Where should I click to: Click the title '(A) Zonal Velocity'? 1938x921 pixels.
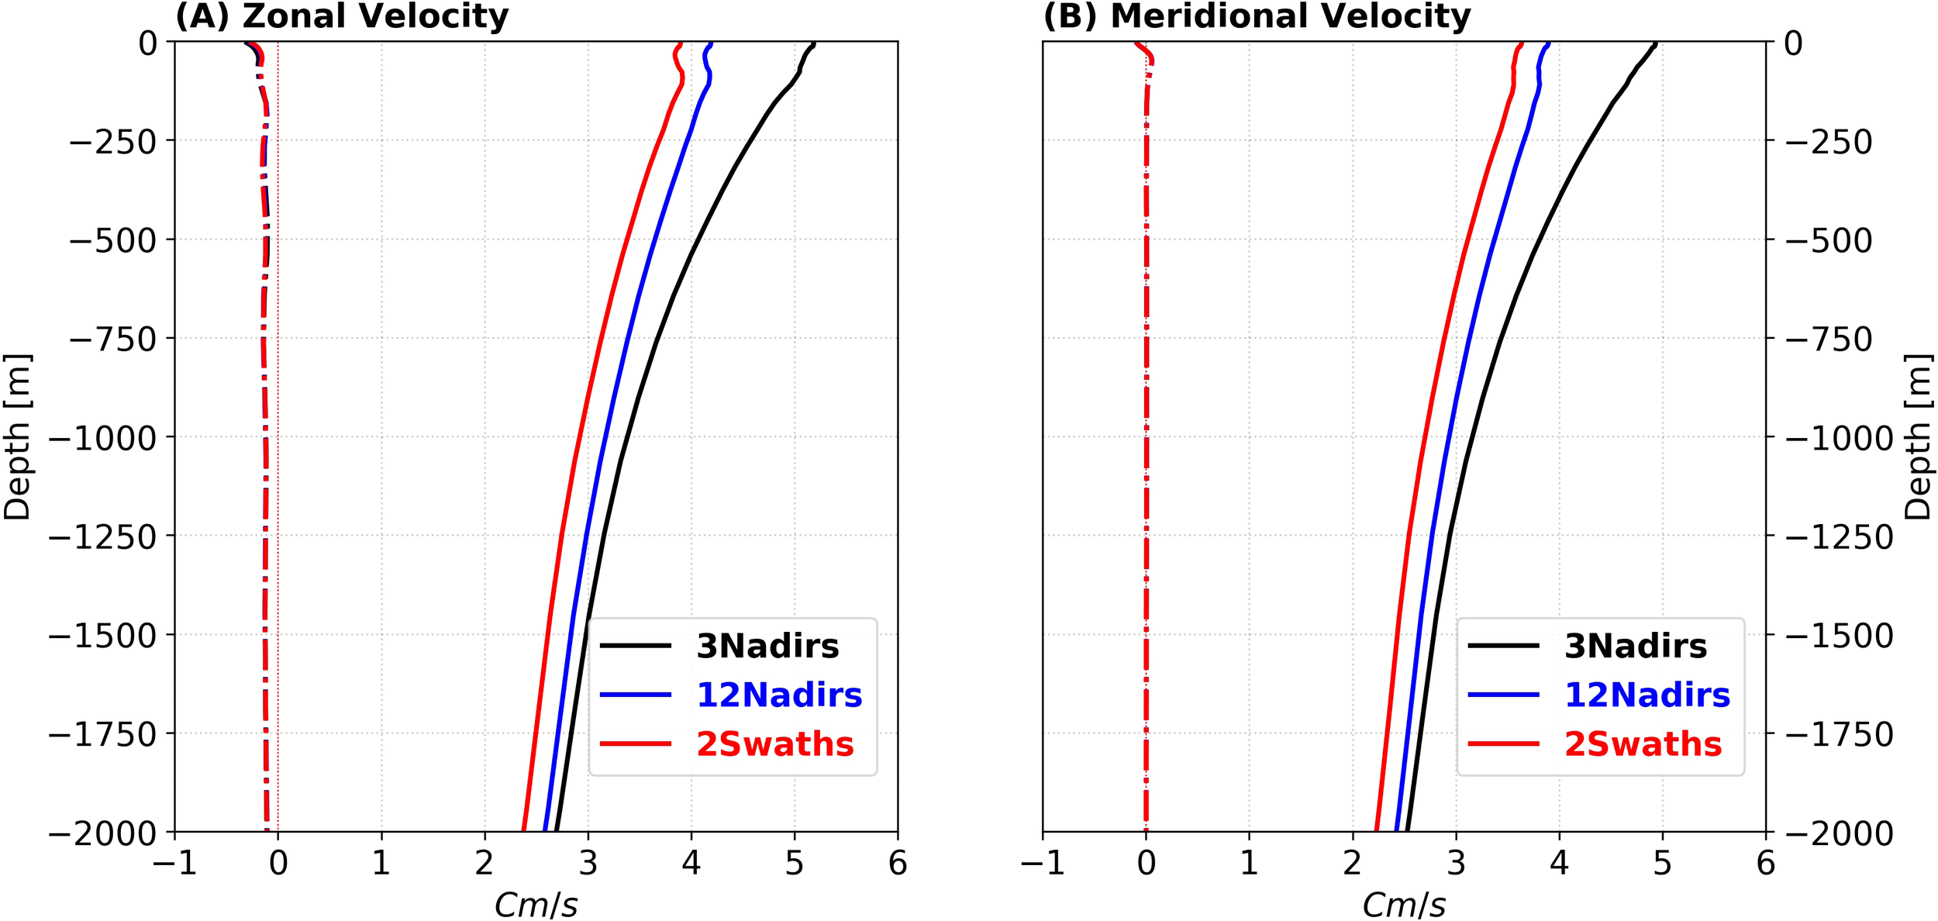[342, 16]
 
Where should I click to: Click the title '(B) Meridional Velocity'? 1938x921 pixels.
[1257, 16]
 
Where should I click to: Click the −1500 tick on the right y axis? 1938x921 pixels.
[1839, 636]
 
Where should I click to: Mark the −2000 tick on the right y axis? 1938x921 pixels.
[1839, 833]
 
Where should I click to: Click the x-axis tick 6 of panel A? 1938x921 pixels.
[898, 864]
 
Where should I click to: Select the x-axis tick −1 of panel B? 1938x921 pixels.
[1042, 864]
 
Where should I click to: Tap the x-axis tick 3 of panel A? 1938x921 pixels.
[588, 864]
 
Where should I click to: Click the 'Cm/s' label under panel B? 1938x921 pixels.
[1404, 904]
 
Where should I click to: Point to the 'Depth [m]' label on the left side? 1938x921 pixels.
[17, 436]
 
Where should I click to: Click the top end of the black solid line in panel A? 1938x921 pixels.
[814, 43]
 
